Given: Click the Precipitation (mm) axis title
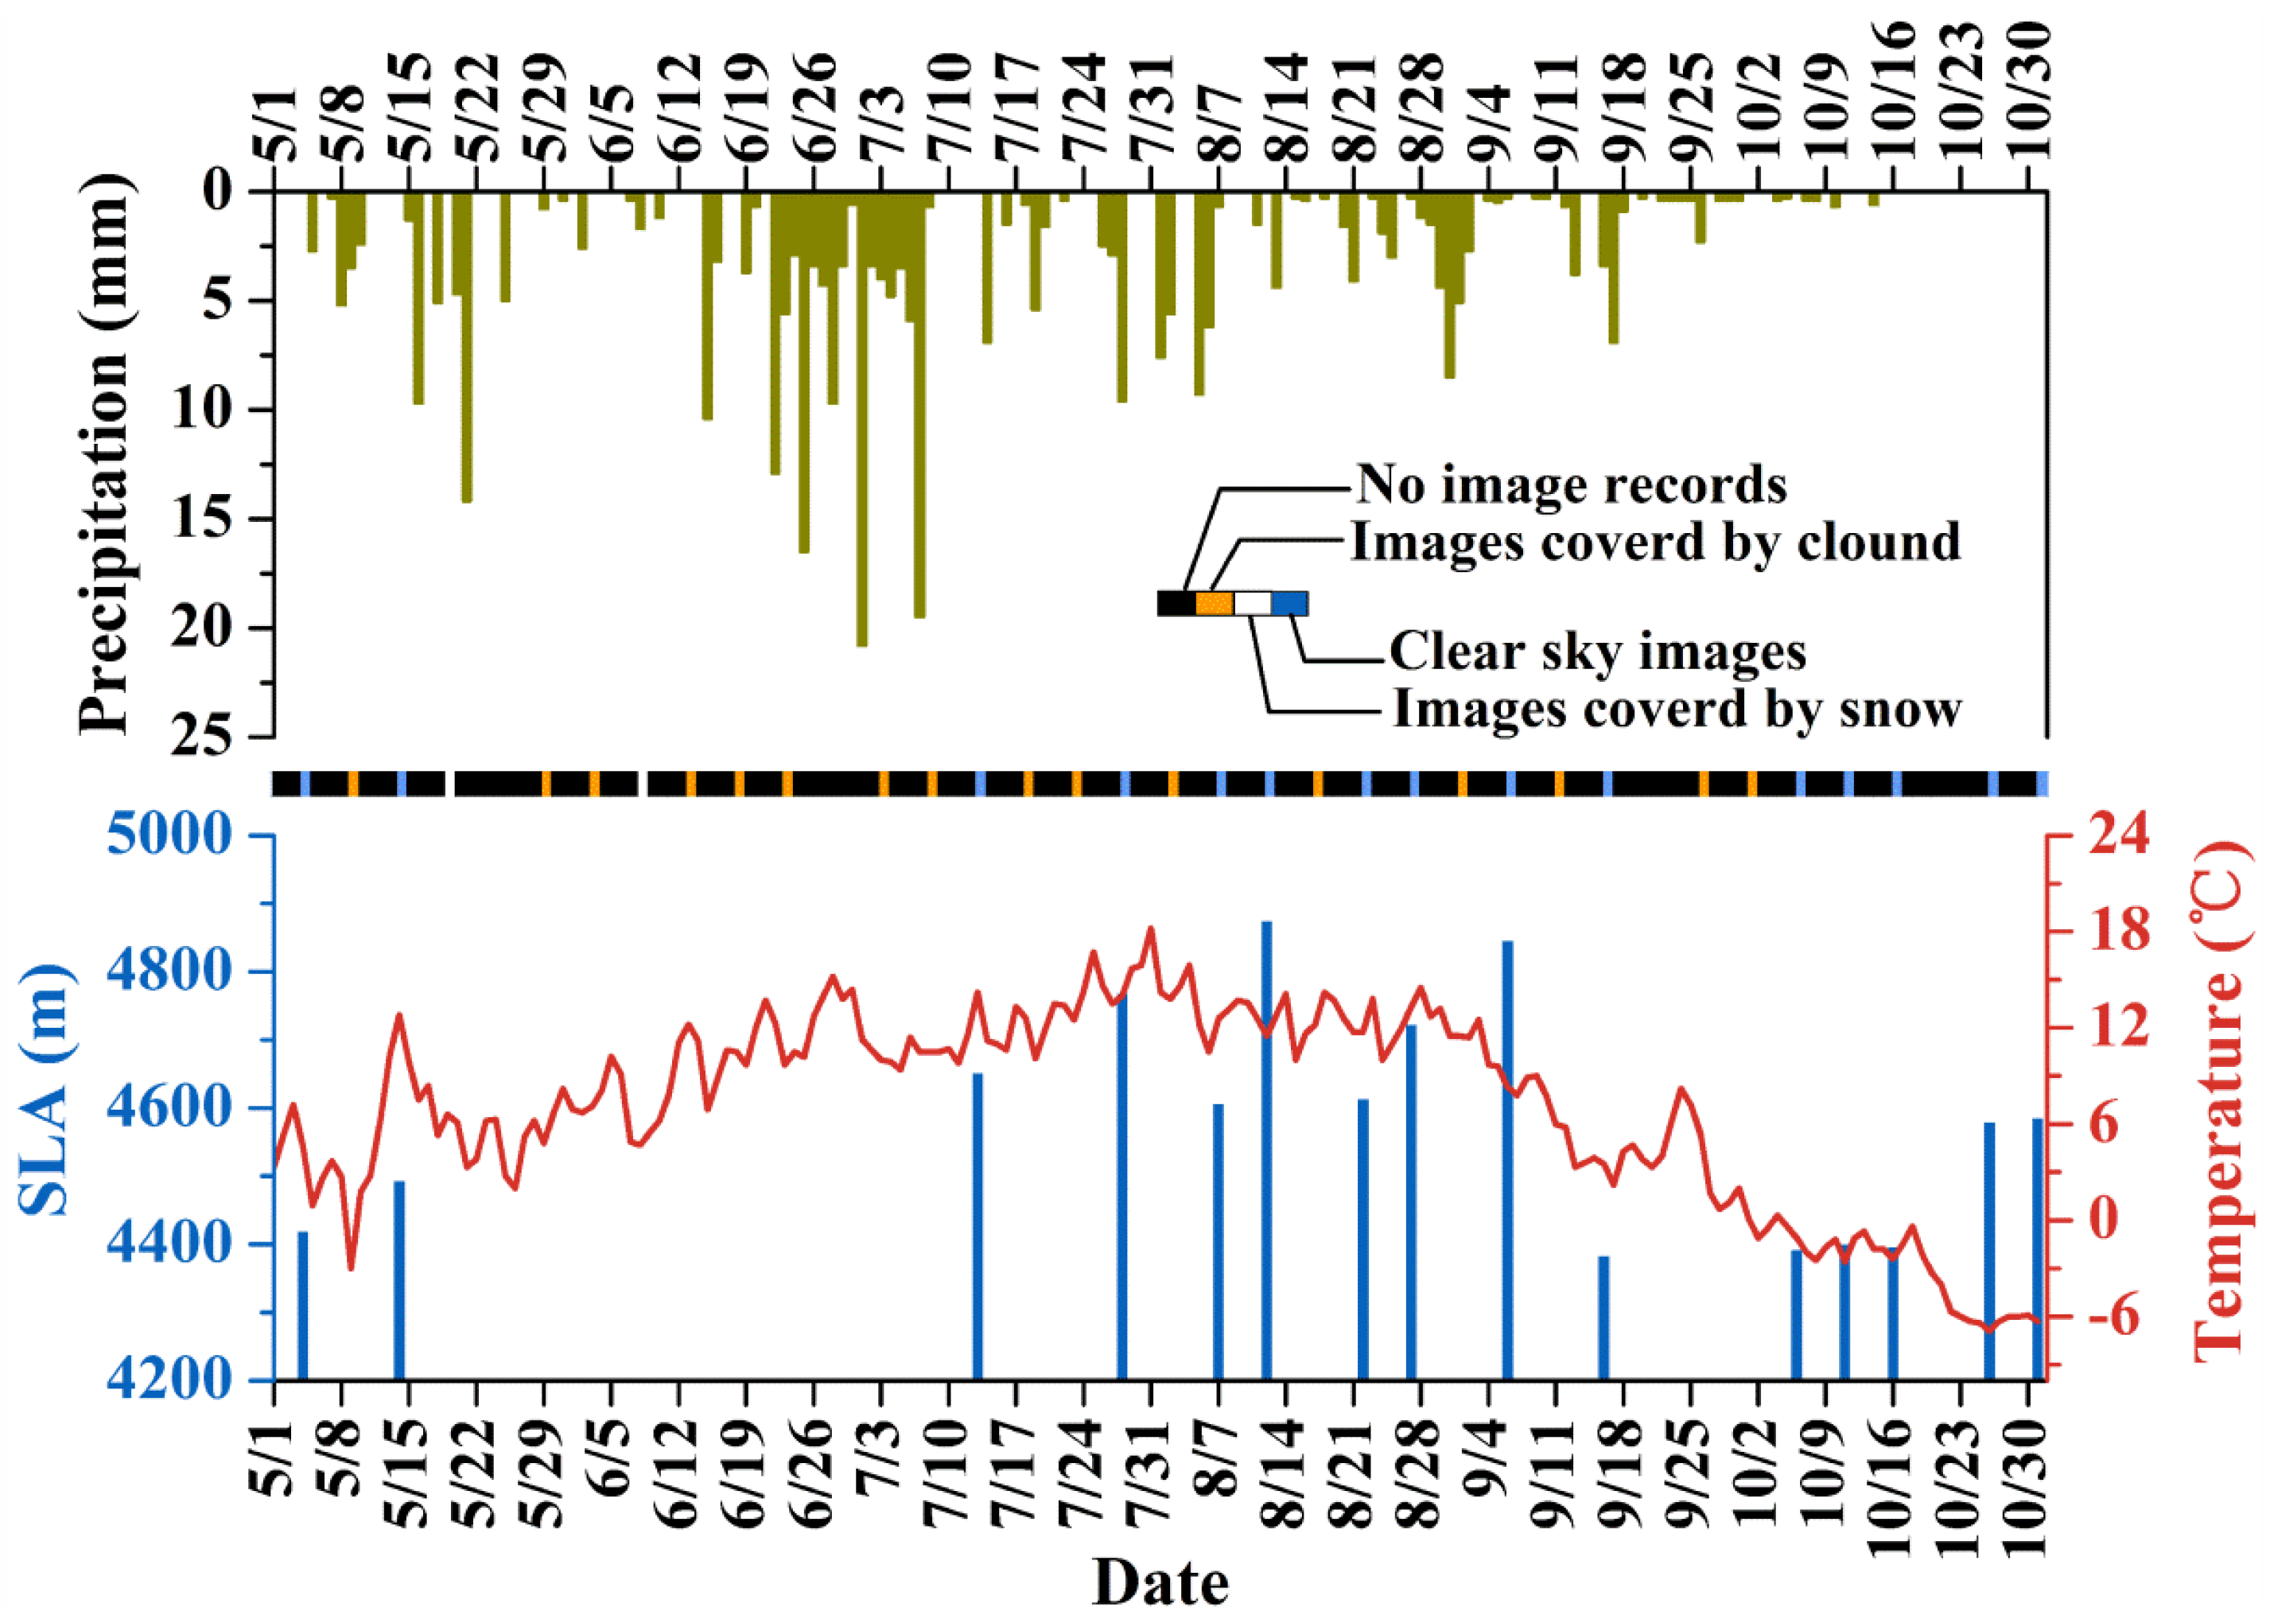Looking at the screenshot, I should pos(104,455).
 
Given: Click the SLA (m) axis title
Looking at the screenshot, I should pos(46,1092).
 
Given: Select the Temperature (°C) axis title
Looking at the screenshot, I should pos(2222,1100).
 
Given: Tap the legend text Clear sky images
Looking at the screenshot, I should pos(1596,652).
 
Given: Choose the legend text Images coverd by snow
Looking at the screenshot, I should pos(1677,710).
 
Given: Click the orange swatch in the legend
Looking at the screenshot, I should pos(1214,604).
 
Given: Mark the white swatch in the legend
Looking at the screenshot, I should pos(1252,604).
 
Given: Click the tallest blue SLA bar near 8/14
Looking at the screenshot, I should pos(1266,1150).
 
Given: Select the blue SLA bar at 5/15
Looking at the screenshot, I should pos(398,1280).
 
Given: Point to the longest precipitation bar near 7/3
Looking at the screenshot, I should pos(861,420).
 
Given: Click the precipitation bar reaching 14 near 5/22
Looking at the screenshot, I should pos(465,350).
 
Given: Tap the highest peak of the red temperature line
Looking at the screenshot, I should pos(1150,929).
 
